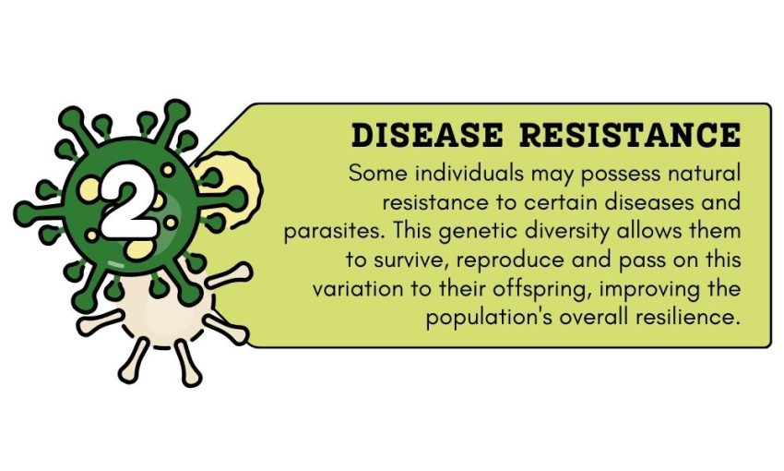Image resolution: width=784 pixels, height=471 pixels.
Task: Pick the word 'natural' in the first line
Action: [707, 173]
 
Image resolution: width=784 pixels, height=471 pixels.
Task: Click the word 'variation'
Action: [351, 287]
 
